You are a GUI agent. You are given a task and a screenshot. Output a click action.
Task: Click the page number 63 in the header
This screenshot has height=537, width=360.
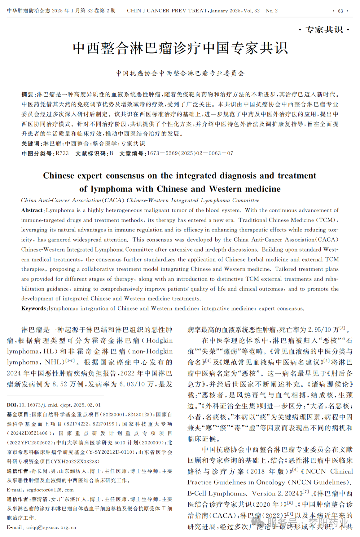(340, 11)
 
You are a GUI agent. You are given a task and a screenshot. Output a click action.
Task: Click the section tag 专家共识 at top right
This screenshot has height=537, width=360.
(324, 30)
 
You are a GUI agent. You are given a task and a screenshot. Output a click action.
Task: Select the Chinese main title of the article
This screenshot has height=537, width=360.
(180, 48)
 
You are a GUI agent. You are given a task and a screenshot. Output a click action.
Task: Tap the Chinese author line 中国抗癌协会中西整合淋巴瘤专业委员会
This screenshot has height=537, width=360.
(180, 74)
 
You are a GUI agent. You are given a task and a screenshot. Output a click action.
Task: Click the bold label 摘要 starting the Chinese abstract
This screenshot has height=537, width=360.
(28, 95)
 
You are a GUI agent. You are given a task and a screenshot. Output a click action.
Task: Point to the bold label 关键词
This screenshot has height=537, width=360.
(31, 144)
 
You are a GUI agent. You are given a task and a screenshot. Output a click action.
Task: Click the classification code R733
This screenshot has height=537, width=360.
(62, 154)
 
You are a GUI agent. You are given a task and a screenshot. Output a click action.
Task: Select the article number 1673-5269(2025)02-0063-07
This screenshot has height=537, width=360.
(190, 154)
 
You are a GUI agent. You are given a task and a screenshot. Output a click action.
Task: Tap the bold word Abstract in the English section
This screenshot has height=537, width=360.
(33, 211)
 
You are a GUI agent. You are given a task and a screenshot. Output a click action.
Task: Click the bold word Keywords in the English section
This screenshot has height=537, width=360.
(34, 309)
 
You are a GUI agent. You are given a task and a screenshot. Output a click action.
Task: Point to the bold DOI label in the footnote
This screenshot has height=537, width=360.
(12, 405)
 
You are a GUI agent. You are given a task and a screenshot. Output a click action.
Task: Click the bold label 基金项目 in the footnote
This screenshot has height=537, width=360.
(18, 415)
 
